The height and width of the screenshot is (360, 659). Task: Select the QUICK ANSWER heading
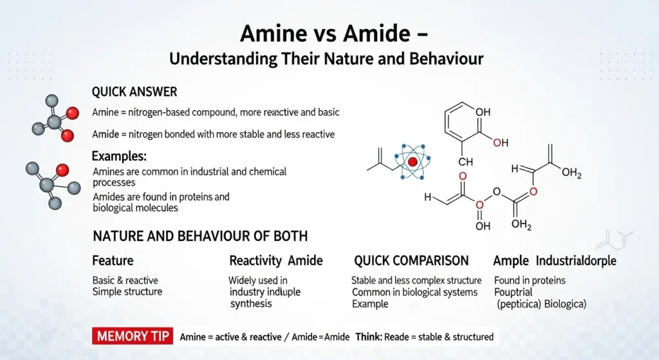[135, 92]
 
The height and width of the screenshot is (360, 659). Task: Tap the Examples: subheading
[119, 156]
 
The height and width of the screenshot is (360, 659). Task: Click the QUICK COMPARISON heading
[411, 261]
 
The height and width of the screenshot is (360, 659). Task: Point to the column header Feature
[113, 261]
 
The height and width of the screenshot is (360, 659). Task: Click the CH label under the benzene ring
[465, 162]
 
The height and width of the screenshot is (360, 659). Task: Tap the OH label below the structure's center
[479, 227]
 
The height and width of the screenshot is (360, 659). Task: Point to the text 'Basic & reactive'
[125, 281]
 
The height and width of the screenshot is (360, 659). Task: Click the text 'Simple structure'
[127, 292]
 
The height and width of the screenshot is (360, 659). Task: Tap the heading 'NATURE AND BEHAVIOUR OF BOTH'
[200, 236]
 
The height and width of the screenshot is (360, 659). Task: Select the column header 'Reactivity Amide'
[275, 261]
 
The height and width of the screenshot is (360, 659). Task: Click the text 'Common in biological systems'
[414, 292]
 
